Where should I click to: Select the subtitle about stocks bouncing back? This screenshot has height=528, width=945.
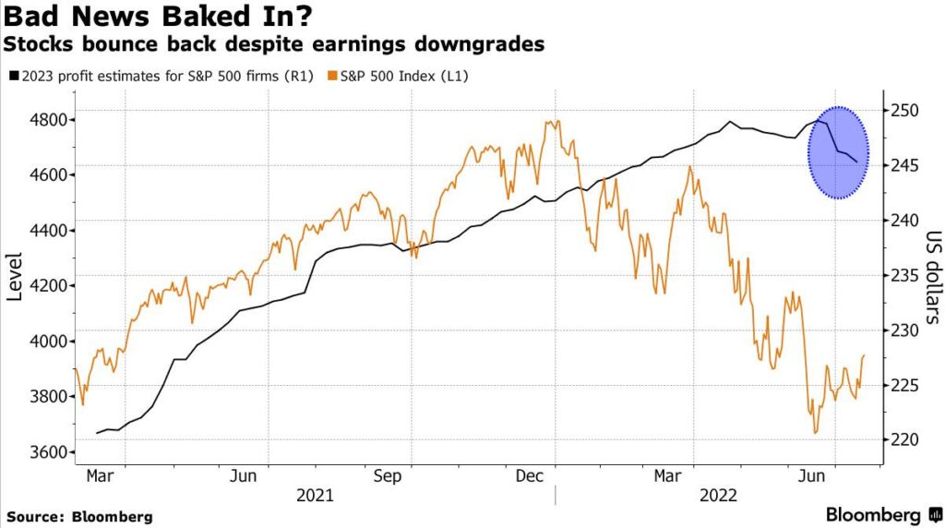(x=275, y=44)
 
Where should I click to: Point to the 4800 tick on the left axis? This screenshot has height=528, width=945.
(x=46, y=120)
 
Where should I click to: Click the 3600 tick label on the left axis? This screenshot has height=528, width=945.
(x=46, y=452)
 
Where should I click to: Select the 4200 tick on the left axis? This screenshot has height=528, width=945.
(x=46, y=286)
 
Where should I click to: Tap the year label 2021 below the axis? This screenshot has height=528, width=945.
(x=315, y=496)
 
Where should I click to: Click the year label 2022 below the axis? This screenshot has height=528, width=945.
(x=718, y=496)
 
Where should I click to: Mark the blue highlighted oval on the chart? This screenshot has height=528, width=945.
(x=839, y=152)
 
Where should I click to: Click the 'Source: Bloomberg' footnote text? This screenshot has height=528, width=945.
(x=79, y=516)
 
